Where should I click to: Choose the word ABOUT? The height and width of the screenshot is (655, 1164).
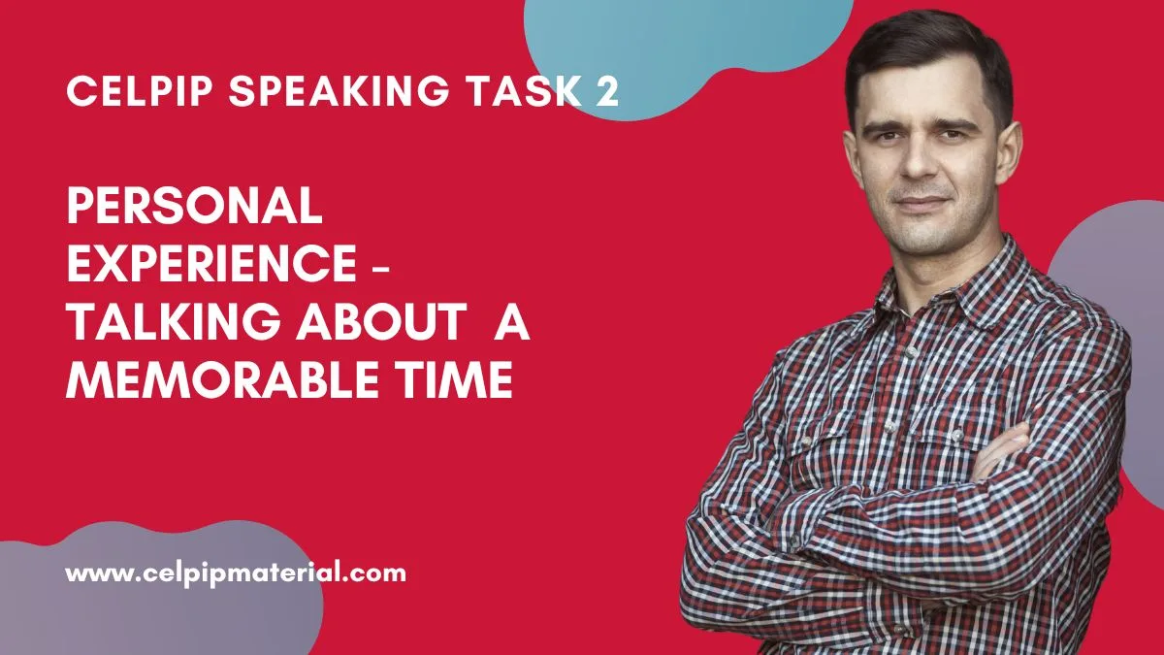click(374, 324)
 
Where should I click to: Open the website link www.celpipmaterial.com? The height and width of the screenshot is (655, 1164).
click(236, 573)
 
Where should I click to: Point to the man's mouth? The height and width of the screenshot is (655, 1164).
click(921, 207)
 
